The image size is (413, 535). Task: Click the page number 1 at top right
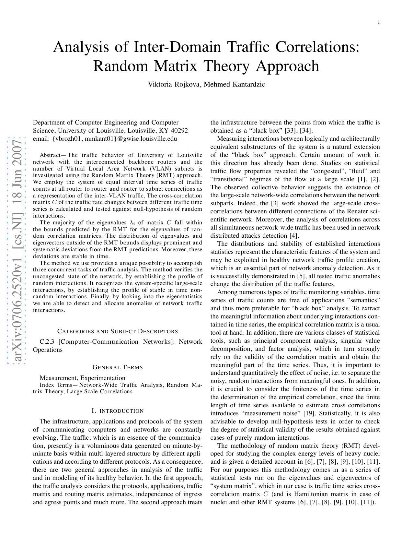tap(378, 22)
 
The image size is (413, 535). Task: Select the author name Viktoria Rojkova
tap(174, 84)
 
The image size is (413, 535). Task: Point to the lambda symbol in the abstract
tap(132, 223)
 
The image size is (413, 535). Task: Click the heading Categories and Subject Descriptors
tap(118, 331)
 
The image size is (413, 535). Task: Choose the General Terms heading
tap(118, 367)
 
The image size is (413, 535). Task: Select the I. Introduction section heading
tap(118, 411)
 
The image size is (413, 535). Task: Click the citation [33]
tap(283, 131)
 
